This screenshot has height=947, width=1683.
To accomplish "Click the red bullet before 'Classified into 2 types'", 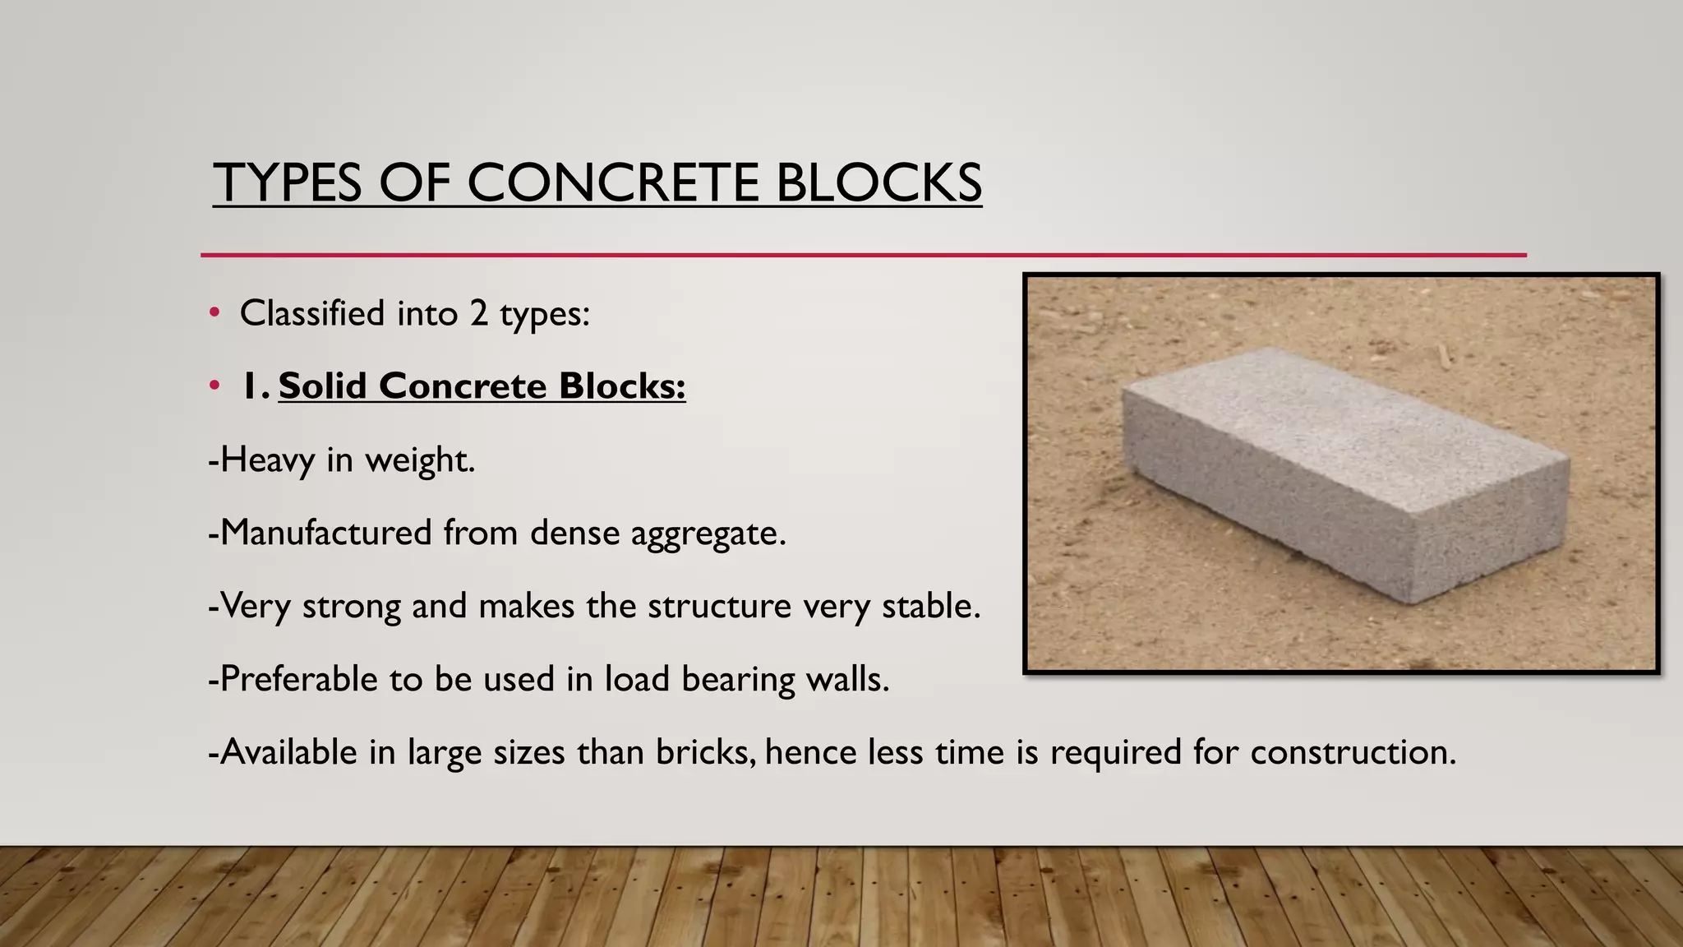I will [x=214, y=312].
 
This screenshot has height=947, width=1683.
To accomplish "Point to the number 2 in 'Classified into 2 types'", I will [x=479, y=313].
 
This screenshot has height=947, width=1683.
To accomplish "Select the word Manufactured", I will [x=325, y=533].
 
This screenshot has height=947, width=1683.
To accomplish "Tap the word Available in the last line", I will [x=288, y=752].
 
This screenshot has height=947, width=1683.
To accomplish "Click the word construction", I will [x=1353, y=752].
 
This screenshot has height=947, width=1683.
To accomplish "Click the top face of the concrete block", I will [x=1339, y=411].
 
